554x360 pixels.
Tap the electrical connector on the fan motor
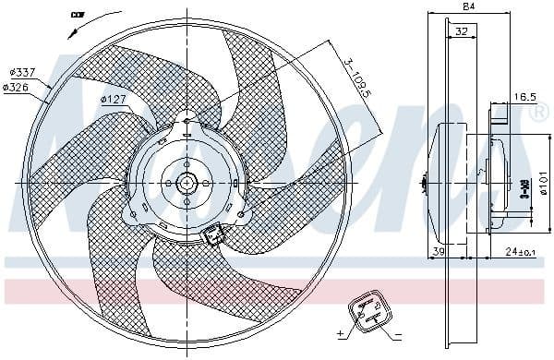pos(214,236)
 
